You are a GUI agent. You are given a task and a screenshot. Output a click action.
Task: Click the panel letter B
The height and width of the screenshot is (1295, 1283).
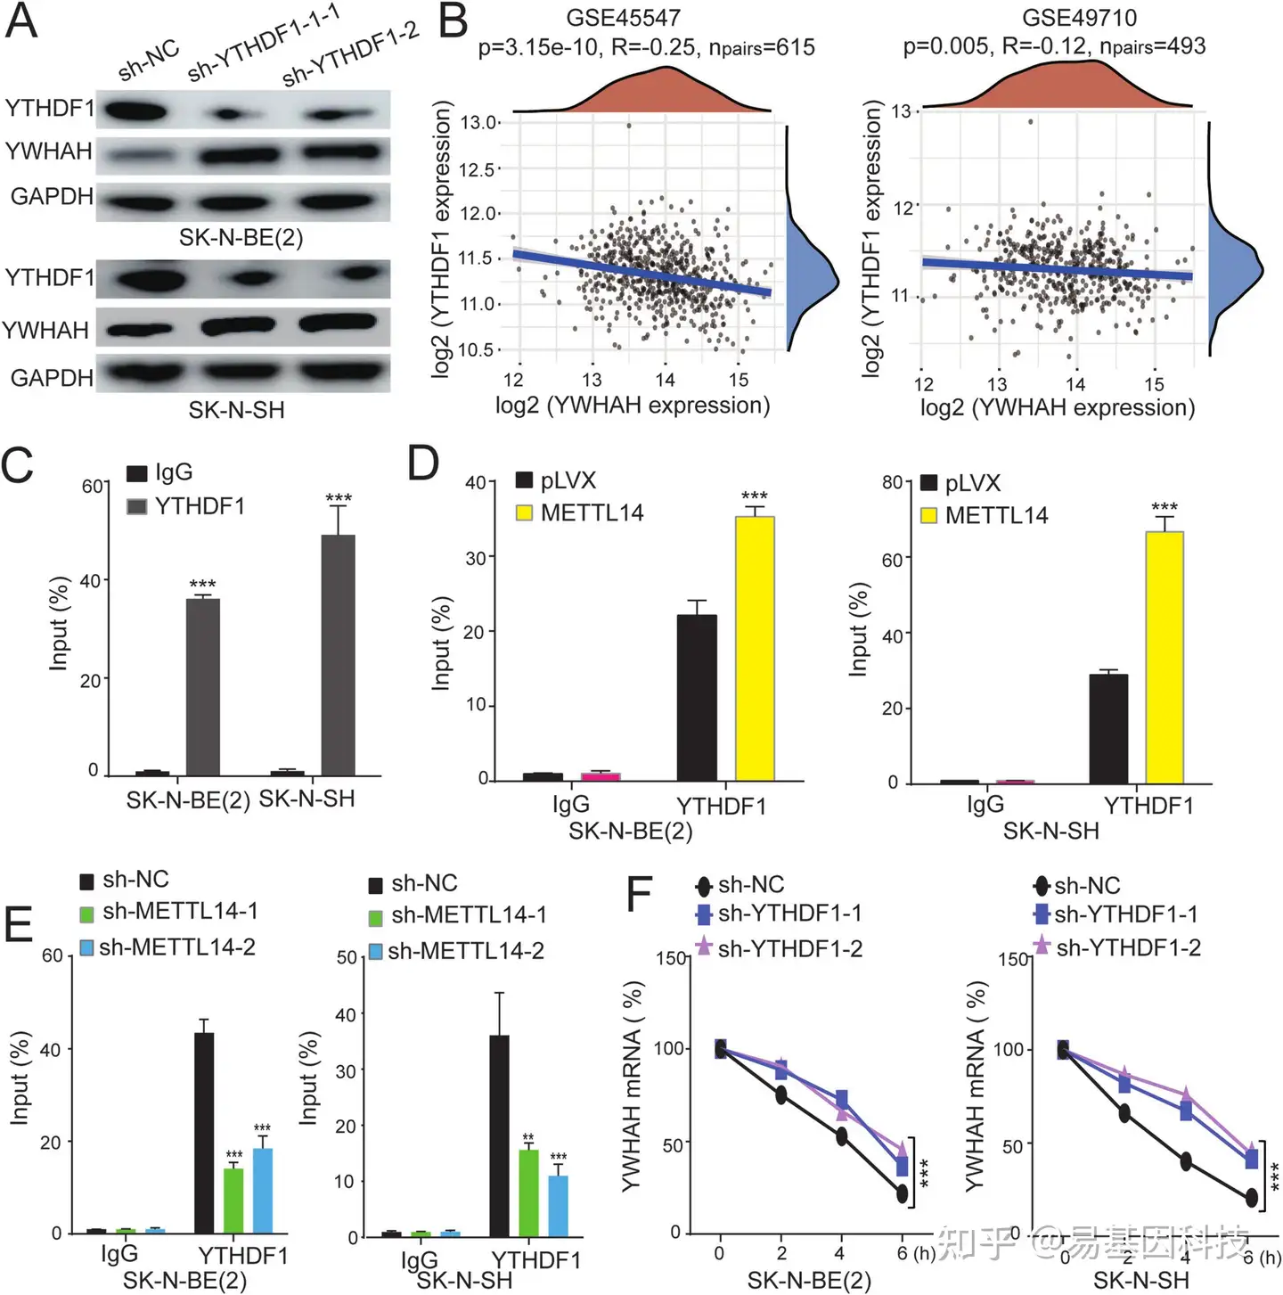[454, 22]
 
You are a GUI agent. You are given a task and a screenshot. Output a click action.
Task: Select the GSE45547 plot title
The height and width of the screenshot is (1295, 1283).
[623, 18]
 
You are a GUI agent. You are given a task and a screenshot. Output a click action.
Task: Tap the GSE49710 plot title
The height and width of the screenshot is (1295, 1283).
[1079, 18]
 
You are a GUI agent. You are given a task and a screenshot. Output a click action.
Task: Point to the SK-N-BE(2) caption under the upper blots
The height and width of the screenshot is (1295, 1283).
[241, 238]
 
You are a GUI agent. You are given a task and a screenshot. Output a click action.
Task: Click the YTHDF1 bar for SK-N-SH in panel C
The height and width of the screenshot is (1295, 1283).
[338, 655]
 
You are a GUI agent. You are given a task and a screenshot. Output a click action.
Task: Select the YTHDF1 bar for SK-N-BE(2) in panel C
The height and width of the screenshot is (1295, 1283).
[202, 687]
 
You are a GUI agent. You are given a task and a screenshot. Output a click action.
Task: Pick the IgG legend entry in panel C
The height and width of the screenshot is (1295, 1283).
[160, 472]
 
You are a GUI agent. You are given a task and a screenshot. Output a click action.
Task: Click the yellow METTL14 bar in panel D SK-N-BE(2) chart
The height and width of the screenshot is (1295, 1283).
[754, 648]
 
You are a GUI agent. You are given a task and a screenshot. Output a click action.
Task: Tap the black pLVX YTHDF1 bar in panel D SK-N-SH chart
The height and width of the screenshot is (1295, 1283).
[1108, 728]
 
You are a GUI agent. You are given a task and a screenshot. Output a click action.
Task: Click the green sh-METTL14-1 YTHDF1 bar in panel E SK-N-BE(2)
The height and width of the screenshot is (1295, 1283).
[233, 1201]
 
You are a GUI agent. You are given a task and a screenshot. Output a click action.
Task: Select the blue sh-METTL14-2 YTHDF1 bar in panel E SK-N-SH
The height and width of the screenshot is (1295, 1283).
[558, 1206]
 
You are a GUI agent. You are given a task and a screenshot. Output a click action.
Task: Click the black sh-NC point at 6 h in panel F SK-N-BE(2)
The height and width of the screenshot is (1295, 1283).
[903, 1193]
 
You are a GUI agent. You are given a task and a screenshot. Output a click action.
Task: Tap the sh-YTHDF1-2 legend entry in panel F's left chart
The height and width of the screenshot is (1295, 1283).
[780, 948]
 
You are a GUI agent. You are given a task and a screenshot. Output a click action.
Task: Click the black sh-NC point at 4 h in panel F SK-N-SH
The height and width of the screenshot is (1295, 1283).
[1186, 1161]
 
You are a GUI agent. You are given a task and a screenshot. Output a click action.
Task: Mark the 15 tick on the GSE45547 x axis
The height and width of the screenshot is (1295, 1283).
[739, 380]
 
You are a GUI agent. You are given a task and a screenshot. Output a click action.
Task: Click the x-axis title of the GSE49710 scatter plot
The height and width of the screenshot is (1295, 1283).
[1057, 408]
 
